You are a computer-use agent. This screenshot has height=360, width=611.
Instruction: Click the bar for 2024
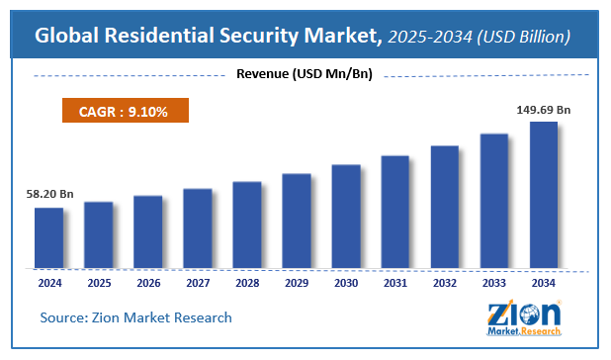tap(48, 237)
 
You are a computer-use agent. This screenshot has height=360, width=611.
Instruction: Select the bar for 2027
tap(197, 227)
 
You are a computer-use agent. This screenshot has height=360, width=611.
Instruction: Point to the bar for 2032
tap(444, 207)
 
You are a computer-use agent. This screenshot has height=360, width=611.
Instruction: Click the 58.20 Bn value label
tap(48, 195)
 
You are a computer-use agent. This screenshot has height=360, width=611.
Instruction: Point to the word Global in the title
tap(67, 37)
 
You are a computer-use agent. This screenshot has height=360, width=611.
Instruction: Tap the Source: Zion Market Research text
tap(135, 317)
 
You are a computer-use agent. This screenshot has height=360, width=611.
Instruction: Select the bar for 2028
tap(246, 225)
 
